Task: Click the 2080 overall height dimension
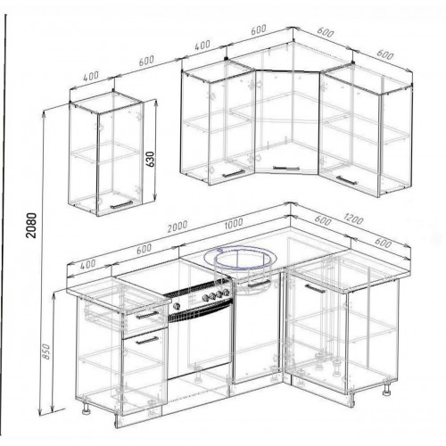pyautogui.click(x=31, y=225)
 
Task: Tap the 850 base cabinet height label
pyautogui.click(x=46, y=351)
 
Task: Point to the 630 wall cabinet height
pyautogui.click(x=151, y=160)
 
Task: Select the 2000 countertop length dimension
pyautogui.click(x=178, y=227)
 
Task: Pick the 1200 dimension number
pyautogui.click(x=353, y=219)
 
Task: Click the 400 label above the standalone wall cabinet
pyautogui.click(x=91, y=76)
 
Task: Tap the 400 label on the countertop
pyautogui.click(x=88, y=264)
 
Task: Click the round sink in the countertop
pyautogui.click(x=241, y=258)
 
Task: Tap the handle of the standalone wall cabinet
pyautogui.click(x=121, y=204)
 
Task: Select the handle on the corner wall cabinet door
pyautogui.click(x=285, y=169)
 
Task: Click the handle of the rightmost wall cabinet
pyautogui.click(x=346, y=180)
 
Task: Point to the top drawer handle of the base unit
pyautogui.click(x=147, y=315)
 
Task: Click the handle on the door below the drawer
pyautogui.click(x=147, y=341)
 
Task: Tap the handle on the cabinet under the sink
pyautogui.click(x=259, y=285)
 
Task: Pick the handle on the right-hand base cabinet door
pyautogui.click(x=316, y=289)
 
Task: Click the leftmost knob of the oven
pyautogui.click(x=177, y=306)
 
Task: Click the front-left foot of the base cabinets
pyautogui.click(x=87, y=409)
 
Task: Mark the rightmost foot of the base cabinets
pyautogui.click(x=387, y=389)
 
